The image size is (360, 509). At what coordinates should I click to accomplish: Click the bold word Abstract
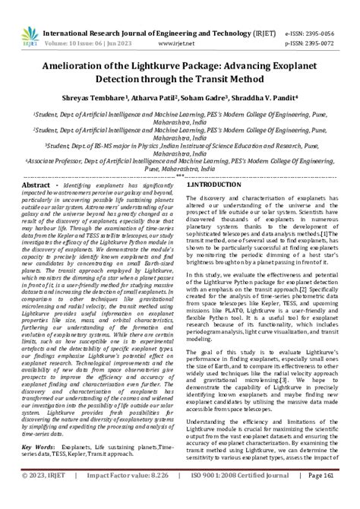click(36, 185)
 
